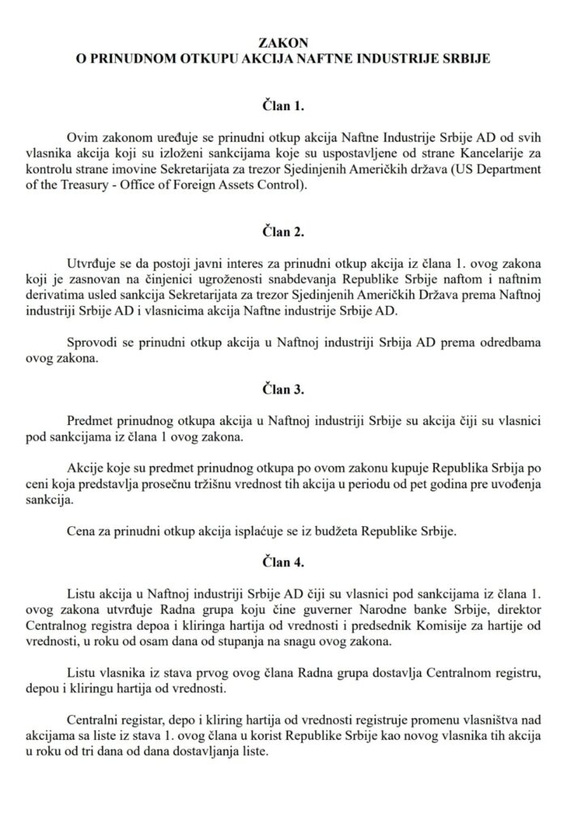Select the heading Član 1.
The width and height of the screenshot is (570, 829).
coord(284,105)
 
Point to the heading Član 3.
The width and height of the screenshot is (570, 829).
coord(284,389)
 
